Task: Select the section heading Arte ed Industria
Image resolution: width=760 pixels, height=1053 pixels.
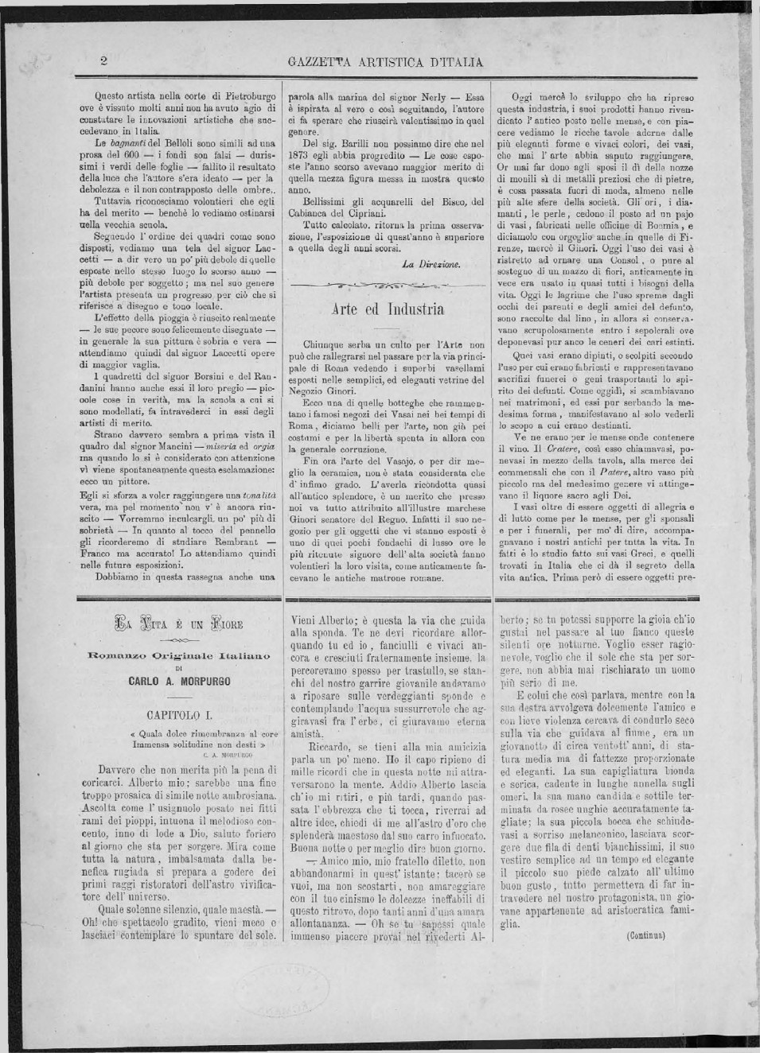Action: (x=388, y=309)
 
